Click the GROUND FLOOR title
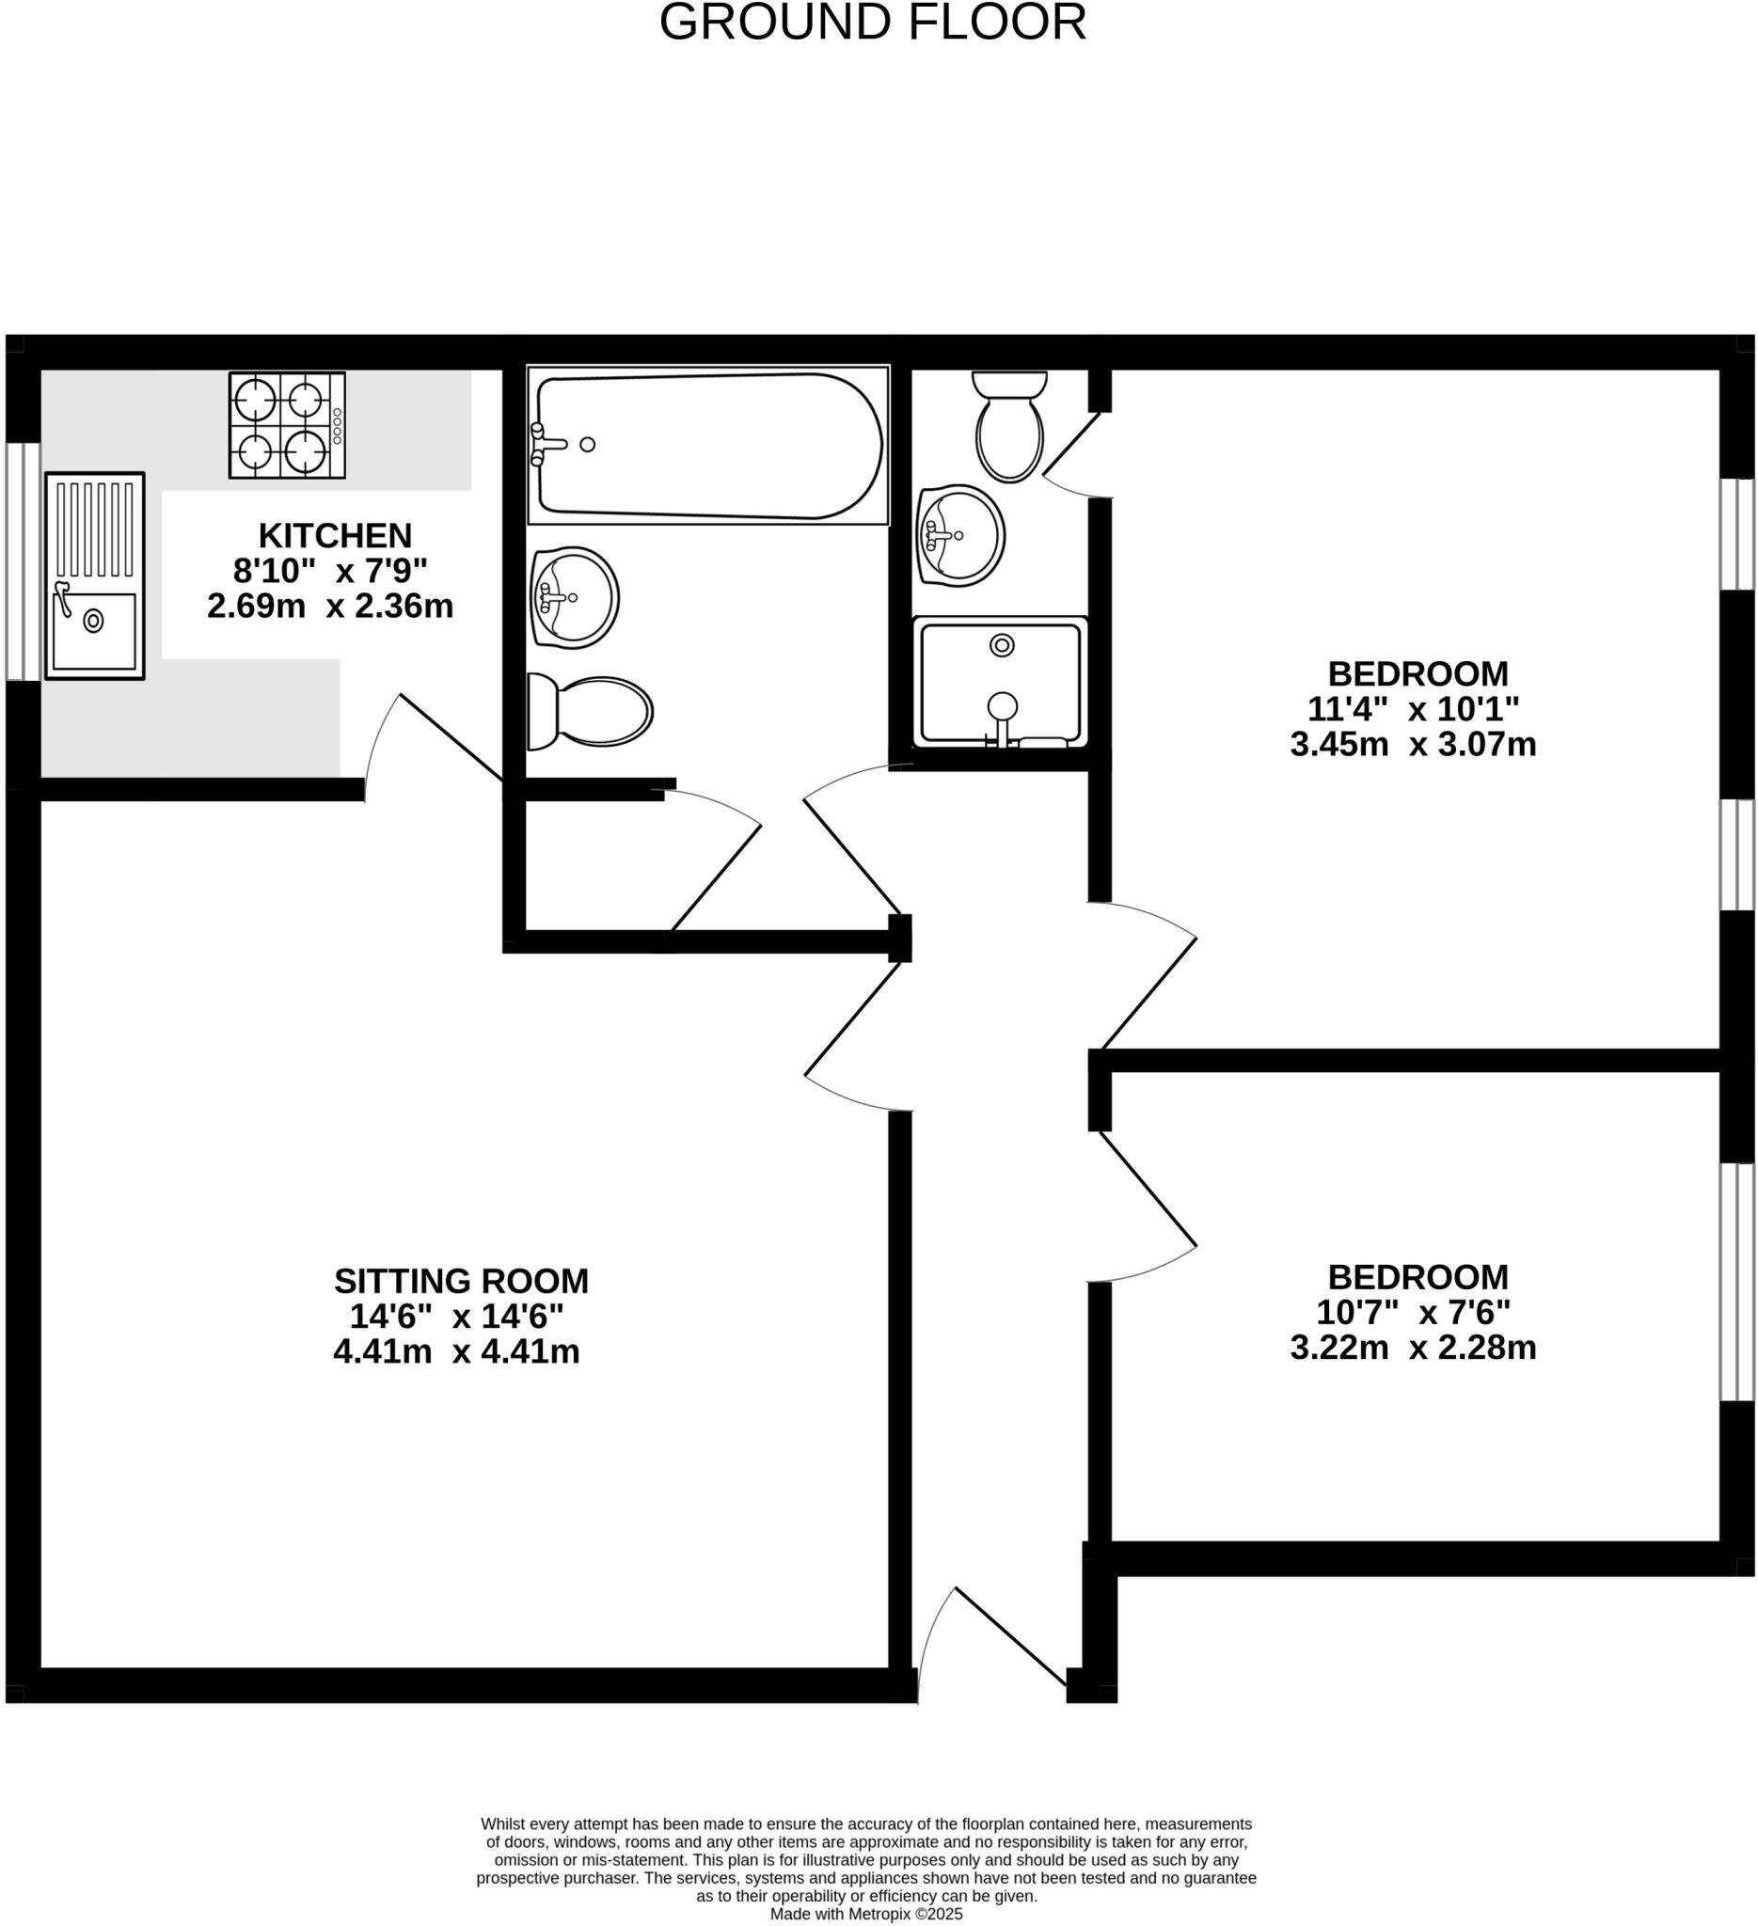(872, 23)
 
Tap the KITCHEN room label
(335, 535)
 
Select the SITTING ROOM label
(461, 1280)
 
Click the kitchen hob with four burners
(287, 424)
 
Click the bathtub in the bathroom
(708, 445)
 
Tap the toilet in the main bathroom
(591, 712)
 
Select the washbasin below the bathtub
(574, 598)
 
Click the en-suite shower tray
(1001, 681)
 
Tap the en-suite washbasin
(959, 535)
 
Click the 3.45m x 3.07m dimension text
(1413, 744)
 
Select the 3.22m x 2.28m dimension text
(1413, 1348)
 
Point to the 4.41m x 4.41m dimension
(457, 1351)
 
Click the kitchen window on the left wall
(22, 560)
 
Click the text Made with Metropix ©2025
(865, 1915)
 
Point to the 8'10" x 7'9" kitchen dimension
(330, 570)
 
